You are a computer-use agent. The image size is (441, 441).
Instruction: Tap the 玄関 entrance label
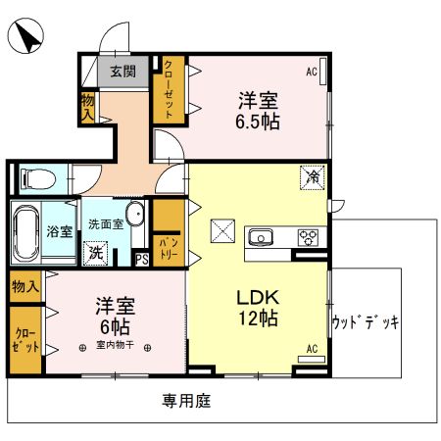pyautogui.click(x=122, y=71)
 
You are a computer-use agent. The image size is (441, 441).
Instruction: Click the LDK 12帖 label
pyautogui.click(x=259, y=305)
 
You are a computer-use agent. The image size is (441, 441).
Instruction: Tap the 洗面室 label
pyautogui.click(x=105, y=223)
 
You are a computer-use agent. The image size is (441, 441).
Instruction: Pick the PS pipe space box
pyautogui.click(x=141, y=260)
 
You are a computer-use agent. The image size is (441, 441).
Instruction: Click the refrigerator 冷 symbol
pyautogui.click(x=312, y=178)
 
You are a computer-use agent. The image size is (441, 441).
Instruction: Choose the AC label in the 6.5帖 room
pyautogui.click(x=312, y=72)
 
